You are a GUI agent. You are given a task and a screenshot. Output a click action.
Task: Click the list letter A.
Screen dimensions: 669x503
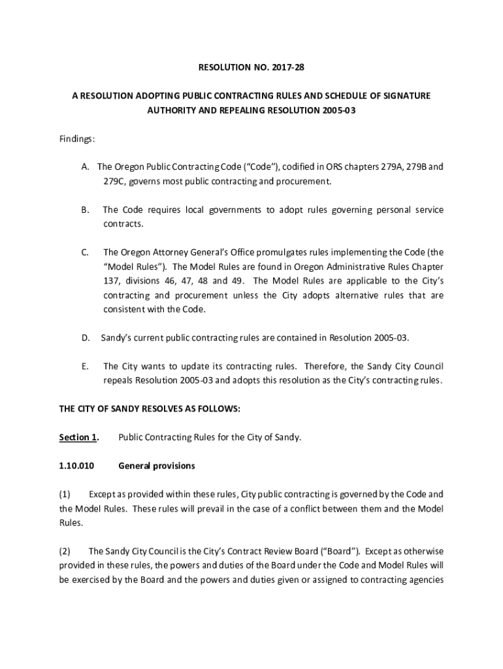[85, 167]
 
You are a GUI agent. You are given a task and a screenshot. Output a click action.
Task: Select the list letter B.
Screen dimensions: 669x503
[85, 210]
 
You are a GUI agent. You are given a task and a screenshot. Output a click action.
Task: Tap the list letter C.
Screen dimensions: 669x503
[85, 252]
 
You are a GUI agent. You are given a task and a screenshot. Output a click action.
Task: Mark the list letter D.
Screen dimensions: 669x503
[86, 338]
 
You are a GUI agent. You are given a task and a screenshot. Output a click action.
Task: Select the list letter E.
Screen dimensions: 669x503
[85, 366]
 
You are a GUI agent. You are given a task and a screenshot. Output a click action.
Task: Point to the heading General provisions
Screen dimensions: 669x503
[157, 466]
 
